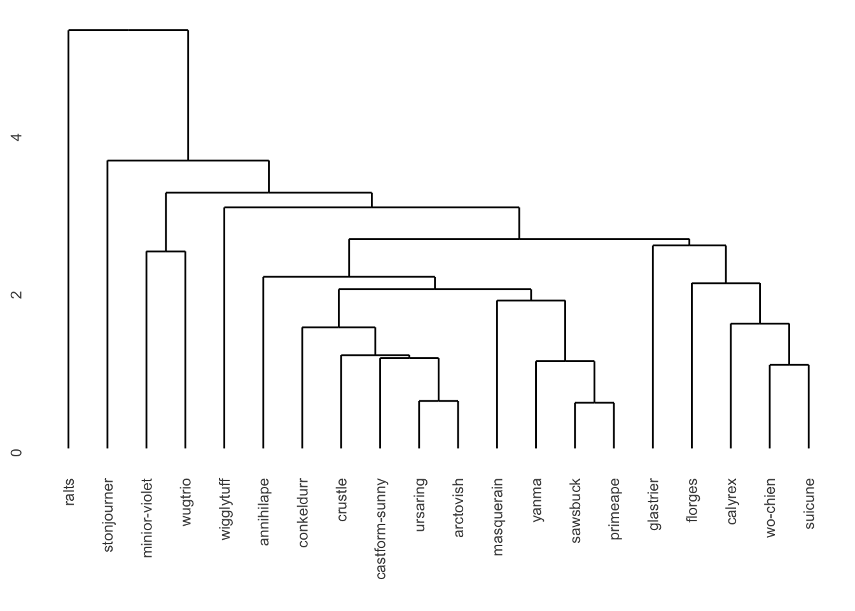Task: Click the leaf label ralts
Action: [x=69, y=492]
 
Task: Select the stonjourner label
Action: [x=108, y=515]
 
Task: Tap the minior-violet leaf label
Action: [x=148, y=517]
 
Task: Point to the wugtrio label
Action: [x=186, y=502]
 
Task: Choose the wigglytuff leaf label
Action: [x=225, y=510]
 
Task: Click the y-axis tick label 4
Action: [x=17, y=137]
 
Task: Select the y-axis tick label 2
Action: [x=17, y=295]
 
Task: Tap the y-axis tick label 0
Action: [x=17, y=453]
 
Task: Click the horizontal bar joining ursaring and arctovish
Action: [x=438, y=401]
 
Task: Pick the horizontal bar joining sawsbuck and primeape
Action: [x=594, y=403]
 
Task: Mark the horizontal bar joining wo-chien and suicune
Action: [x=789, y=365]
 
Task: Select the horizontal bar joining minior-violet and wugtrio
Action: [x=166, y=251]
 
